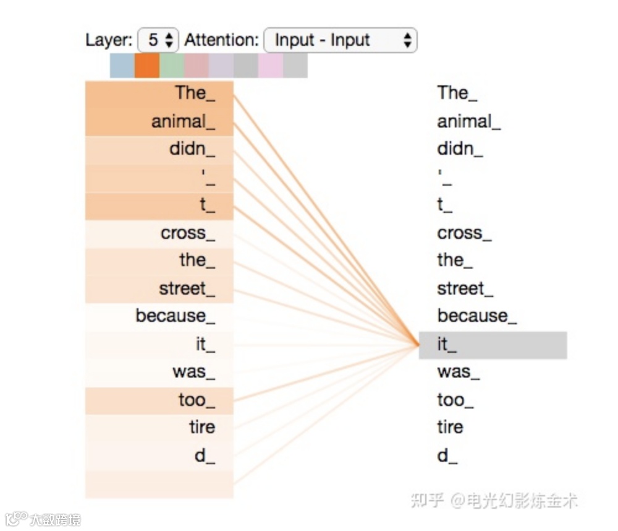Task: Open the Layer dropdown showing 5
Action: pyautogui.click(x=159, y=41)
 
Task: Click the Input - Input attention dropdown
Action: pyautogui.click(x=340, y=41)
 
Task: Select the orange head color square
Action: pyautogui.click(x=147, y=66)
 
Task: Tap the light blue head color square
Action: pyautogui.click(x=122, y=66)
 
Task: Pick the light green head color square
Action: pyautogui.click(x=172, y=66)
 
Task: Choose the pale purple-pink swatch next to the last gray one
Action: pyautogui.click(x=271, y=66)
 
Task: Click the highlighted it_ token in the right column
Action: pyautogui.click(x=493, y=345)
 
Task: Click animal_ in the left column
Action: pyautogui.click(x=183, y=121)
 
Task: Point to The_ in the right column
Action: pyautogui.click(x=457, y=93)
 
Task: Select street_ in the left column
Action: pyautogui.click(x=187, y=289)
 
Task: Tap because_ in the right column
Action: pyautogui.click(x=476, y=316)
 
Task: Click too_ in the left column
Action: pyautogui.click(x=197, y=400)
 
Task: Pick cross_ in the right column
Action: pyautogui.click(x=464, y=233)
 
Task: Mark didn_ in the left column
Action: pyautogui.click(x=192, y=149)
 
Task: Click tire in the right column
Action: pyautogui.click(x=450, y=427)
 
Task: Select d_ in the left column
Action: pyautogui.click(x=205, y=456)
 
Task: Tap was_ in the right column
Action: pyautogui.click(x=458, y=372)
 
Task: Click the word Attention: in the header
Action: pyautogui.click(x=221, y=41)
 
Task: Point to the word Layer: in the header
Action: pyautogui.click(x=109, y=41)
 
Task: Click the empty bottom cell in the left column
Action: pyautogui.click(x=159, y=484)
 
